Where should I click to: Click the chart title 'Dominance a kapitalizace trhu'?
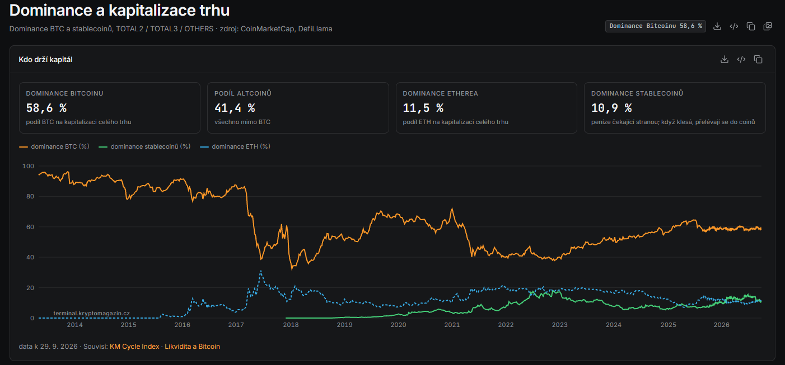point(119,11)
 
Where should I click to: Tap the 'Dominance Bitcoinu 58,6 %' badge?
point(655,26)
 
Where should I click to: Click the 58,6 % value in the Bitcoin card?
point(46,108)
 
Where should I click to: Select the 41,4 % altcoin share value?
point(235,108)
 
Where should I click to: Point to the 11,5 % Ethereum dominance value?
point(423,108)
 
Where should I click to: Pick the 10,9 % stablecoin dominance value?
point(611,108)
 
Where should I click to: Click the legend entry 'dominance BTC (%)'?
point(54,146)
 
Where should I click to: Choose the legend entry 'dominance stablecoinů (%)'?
point(144,146)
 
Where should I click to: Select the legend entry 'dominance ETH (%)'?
point(235,146)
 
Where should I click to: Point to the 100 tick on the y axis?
point(28,166)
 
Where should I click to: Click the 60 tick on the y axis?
point(30,227)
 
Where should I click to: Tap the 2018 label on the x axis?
point(291,325)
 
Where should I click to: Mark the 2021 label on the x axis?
point(452,325)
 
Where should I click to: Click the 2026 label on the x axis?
point(722,325)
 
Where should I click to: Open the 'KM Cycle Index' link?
point(134,347)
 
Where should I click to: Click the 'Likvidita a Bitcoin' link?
point(193,347)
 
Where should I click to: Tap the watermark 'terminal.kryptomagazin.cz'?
point(91,313)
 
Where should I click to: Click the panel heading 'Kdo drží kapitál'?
point(45,59)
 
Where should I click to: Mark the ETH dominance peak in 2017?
point(261,271)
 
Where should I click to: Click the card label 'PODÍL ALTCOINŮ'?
point(243,93)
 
